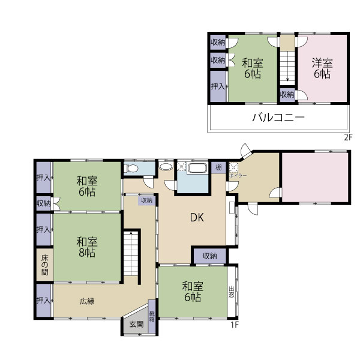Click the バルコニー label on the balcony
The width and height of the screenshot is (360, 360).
click(278, 117)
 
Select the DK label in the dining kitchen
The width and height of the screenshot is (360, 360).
click(198, 218)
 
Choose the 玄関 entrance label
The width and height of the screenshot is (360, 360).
click(136, 325)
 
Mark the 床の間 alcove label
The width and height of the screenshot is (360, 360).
click(44, 264)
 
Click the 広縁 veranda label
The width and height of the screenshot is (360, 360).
click(87, 301)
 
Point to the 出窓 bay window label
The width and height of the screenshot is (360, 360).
click(232, 292)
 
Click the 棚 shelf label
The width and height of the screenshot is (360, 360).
click(219, 167)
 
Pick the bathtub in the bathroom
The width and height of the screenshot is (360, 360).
click(197, 168)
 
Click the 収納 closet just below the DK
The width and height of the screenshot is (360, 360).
click(209, 256)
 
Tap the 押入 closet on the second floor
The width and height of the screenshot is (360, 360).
click(217, 86)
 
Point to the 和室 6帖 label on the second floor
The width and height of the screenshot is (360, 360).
click(252, 68)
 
